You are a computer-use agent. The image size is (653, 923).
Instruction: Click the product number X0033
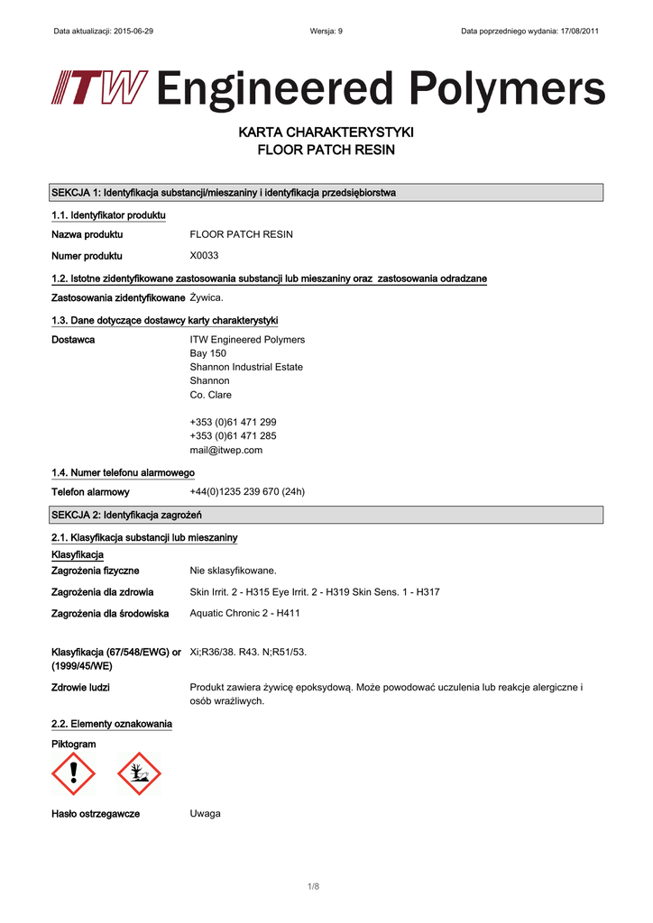(x=204, y=256)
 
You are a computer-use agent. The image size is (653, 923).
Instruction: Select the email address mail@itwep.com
(x=225, y=450)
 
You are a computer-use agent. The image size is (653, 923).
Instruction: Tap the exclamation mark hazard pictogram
(x=73, y=773)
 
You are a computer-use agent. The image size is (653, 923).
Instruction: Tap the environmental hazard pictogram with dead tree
(x=139, y=773)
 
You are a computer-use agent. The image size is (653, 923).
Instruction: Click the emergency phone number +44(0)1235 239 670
(x=247, y=492)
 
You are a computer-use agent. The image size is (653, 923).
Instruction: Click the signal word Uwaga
(x=205, y=813)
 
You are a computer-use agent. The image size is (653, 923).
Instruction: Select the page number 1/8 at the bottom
(x=314, y=887)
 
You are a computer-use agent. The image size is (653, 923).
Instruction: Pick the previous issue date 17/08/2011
(x=575, y=32)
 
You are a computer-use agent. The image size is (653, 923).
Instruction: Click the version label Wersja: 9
(x=326, y=32)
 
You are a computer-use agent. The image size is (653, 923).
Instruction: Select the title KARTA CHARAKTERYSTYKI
(x=326, y=133)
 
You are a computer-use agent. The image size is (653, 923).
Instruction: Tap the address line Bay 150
(x=207, y=353)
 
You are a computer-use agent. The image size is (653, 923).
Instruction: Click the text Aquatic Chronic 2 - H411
(x=244, y=613)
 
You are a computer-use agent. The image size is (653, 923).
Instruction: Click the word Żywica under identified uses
(x=207, y=297)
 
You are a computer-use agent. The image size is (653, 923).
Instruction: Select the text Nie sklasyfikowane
(x=233, y=571)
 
